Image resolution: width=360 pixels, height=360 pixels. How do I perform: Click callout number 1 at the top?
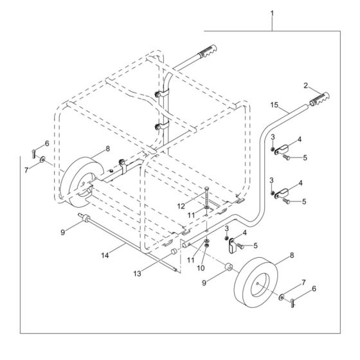(x=273, y=12)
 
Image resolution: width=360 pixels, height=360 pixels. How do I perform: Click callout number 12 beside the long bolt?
(x=181, y=206)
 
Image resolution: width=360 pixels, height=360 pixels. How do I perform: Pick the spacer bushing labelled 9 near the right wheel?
(x=229, y=266)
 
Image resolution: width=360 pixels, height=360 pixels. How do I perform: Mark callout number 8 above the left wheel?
(x=108, y=148)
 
